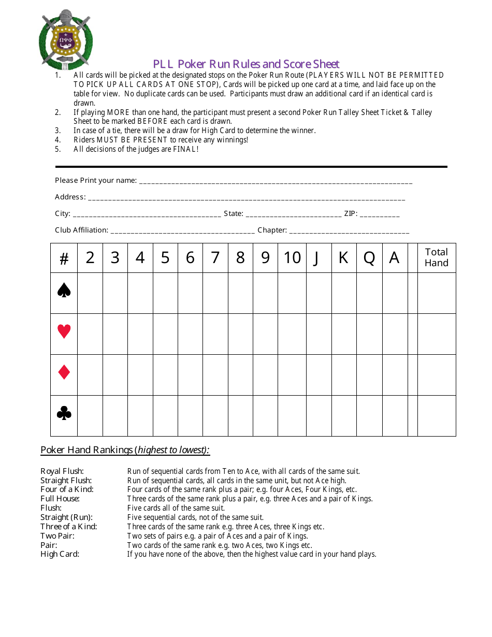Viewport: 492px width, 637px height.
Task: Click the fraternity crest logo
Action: [65, 40]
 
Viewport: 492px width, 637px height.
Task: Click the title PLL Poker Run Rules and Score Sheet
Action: [246, 64]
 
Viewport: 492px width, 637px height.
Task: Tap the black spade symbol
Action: [64, 291]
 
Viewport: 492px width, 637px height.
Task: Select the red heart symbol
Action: [64, 331]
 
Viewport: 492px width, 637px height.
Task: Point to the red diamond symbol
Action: [64, 372]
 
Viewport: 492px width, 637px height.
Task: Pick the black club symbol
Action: [64, 413]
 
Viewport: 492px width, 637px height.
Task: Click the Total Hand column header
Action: [436, 257]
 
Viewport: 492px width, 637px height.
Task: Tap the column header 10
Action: [292, 257]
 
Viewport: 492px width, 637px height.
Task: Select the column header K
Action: [343, 257]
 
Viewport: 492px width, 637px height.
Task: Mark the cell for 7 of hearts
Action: [215, 334]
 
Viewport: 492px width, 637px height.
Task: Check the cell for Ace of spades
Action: [395, 293]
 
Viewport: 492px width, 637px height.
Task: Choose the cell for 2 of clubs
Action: [90, 415]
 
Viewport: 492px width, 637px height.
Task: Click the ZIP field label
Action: [350, 213]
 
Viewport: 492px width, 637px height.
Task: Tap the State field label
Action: [233, 213]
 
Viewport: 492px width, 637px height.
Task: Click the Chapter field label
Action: [272, 230]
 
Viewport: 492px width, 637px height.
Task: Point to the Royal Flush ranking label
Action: [62, 471]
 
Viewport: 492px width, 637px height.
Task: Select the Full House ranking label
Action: [60, 499]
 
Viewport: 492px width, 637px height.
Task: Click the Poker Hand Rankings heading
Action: [125, 450]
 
